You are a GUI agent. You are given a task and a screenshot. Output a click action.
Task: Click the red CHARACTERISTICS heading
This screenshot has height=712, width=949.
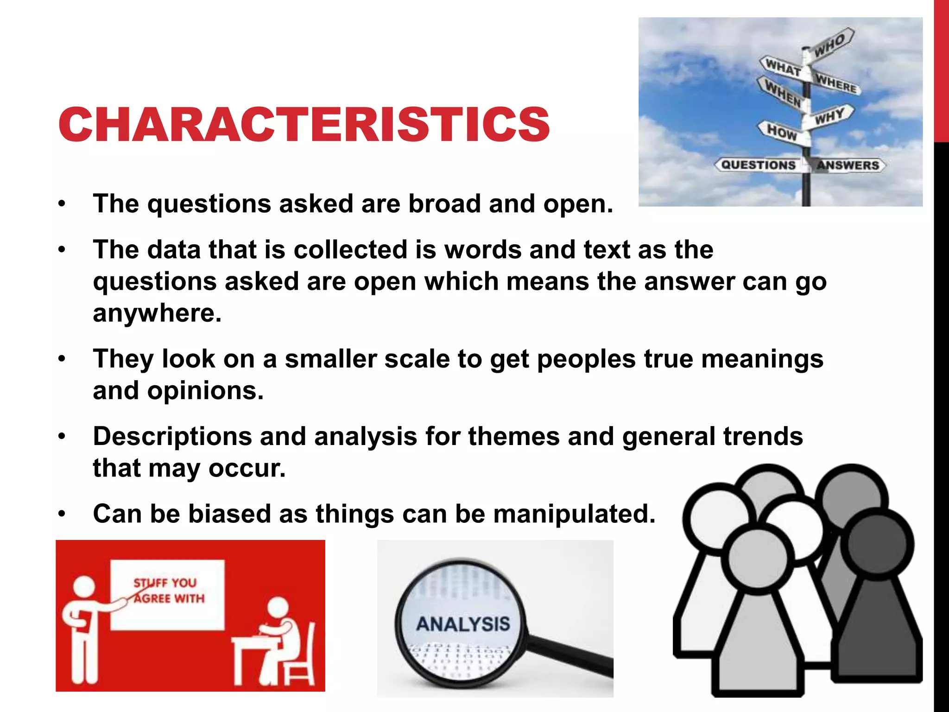point(304,124)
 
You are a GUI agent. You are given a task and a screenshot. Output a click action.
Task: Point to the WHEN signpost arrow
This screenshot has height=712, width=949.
point(782,93)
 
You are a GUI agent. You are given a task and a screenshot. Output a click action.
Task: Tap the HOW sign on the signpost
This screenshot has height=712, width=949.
point(782,132)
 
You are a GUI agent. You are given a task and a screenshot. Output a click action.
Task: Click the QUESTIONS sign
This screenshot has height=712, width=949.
point(759,165)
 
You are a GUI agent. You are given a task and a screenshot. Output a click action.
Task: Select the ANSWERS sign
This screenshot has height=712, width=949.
point(848,165)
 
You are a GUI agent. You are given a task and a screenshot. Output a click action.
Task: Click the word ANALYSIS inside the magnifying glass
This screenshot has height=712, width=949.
point(463,624)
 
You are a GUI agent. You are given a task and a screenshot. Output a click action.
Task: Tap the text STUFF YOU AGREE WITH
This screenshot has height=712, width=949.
point(168,591)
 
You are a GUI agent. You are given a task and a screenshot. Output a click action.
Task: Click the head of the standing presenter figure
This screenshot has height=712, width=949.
point(84,587)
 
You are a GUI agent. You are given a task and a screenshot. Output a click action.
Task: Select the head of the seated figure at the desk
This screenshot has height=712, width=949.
point(277,608)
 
